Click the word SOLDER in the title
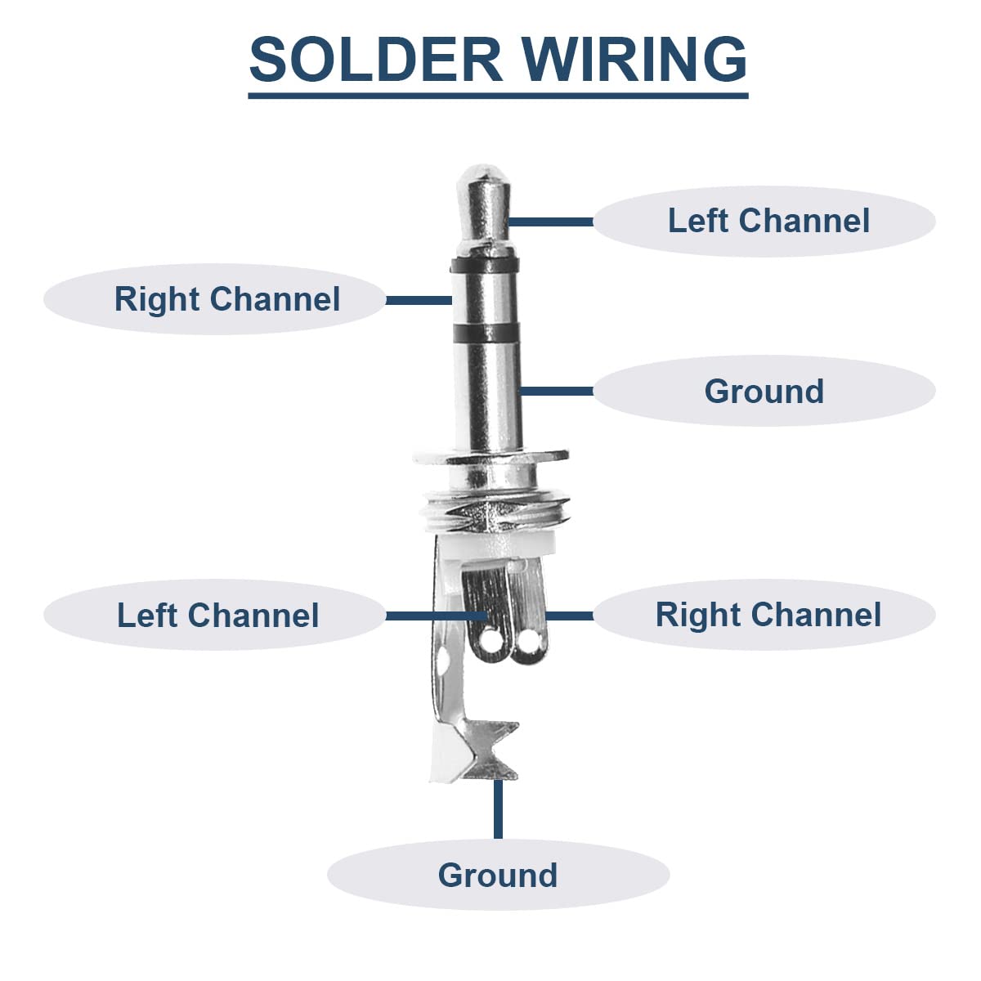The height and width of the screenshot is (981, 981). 376,59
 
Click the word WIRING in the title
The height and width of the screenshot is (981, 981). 635,59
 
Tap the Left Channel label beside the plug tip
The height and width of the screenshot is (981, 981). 768,221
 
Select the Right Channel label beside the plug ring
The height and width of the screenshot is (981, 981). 227,299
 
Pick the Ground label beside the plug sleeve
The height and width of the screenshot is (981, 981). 764,391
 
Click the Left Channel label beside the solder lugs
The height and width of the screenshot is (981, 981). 218,615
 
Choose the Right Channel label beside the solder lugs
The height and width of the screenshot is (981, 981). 768,615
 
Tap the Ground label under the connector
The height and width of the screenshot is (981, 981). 497,875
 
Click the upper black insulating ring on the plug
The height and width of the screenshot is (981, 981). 485,265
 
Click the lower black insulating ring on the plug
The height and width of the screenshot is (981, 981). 486,333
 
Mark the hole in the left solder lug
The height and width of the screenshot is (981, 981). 490,639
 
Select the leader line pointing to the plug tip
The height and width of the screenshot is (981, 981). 551,222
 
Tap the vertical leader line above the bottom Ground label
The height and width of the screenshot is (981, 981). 498,809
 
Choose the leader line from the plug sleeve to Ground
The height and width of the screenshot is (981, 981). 557,391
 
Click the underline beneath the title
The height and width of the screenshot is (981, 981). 498,96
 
